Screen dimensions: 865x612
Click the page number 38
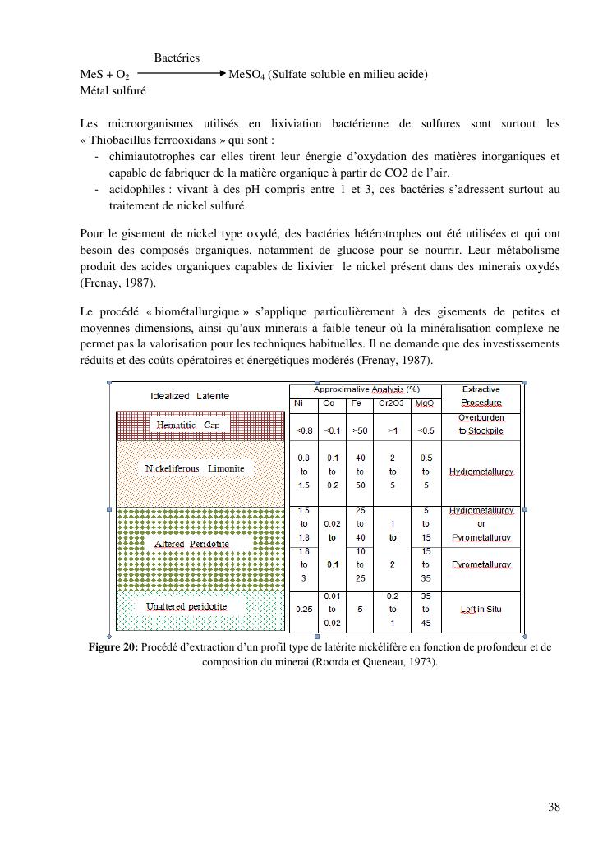554,807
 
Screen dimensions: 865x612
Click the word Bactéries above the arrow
177,58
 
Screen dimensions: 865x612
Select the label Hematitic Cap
188,426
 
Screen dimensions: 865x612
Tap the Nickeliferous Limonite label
195,468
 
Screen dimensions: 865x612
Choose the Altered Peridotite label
191,544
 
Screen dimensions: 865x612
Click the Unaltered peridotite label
186,606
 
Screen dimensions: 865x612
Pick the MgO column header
424,403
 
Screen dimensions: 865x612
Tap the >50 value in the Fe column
359,430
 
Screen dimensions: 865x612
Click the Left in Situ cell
481,610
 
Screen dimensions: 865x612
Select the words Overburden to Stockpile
481,424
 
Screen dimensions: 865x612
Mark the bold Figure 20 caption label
113,647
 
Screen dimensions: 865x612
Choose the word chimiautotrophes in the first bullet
149,156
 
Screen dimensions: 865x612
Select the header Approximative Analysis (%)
366,389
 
